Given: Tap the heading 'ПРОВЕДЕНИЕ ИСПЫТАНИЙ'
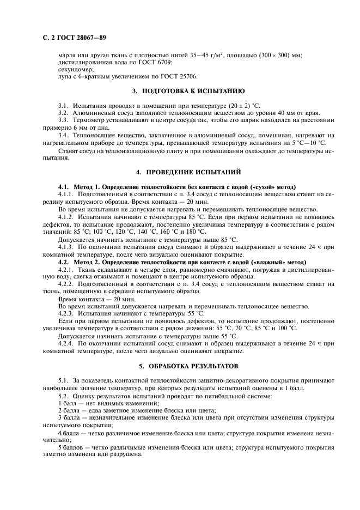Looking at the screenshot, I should tap(188, 173).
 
